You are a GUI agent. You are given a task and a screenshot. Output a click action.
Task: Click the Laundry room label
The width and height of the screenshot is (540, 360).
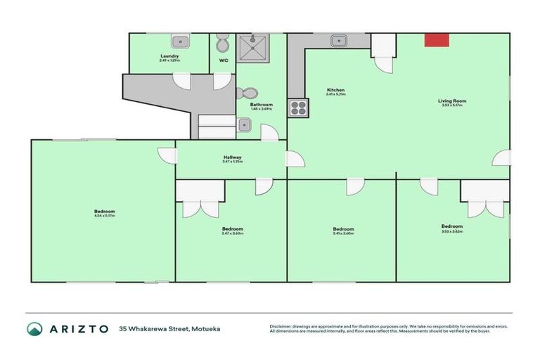pyautogui.click(x=169, y=56)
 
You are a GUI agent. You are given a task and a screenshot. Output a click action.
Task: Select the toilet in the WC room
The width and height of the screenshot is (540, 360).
pyautogui.click(x=223, y=44)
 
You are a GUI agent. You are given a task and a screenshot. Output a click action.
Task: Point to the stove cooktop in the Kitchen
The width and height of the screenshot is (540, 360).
pyautogui.click(x=297, y=108)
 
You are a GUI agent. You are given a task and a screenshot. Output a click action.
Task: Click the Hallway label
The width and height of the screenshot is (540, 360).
pyautogui.click(x=232, y=157)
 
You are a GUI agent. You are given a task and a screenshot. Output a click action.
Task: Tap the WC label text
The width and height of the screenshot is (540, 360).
pyautogui.click(x=224, y=60)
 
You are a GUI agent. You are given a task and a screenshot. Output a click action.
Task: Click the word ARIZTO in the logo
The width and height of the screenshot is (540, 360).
pyautogui.click(x=78, y=328)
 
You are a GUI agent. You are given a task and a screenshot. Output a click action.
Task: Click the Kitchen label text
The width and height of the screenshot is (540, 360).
pyautogui.click(x=335, y=89)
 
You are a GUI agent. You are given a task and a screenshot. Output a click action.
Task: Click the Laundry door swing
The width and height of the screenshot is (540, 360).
pyautogui.click(x=182, y=80)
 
